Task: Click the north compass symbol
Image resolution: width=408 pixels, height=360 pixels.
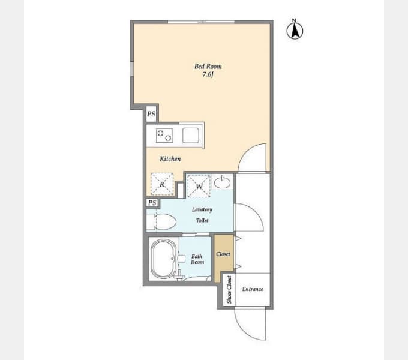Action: pos(295,29)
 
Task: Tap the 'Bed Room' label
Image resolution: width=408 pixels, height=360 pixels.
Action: pos(208,67)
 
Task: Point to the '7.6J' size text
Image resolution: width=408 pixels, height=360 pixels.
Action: pos(208,74)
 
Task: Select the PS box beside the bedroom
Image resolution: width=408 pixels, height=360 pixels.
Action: pos(151,114)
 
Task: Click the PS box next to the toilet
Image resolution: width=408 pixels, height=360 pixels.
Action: pos(152,203)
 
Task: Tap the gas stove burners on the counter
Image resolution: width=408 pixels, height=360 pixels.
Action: pos(164,136)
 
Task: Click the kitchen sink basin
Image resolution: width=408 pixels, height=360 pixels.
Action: pos(191,136)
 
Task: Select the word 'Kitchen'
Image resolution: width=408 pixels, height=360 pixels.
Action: pos(170,159)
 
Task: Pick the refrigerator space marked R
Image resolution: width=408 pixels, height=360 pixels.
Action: pos(162,184)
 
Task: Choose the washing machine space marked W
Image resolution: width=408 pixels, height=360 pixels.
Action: pos(199,186)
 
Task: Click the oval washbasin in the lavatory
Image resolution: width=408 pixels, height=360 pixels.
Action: pos(222,182)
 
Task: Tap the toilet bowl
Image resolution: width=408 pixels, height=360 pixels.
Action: pos(165,222)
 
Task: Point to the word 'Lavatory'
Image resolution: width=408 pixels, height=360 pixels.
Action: pos(202,209)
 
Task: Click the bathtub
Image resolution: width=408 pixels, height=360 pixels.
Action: pos(164,259)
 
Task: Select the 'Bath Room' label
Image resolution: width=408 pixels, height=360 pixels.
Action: pos(197,259)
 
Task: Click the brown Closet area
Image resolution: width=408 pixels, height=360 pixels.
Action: pos(224,258)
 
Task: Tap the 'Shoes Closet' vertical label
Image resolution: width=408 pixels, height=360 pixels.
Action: pos(229,290)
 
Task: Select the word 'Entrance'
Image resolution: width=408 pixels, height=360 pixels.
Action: pos(253,289)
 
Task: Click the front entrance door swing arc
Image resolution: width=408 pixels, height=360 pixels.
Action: pos(243,329)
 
